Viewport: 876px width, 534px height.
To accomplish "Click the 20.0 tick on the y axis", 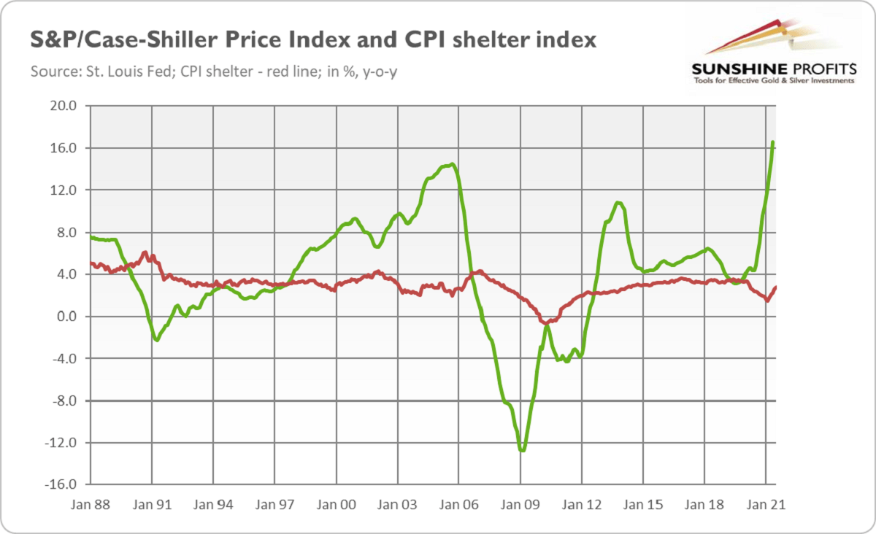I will pos(63,106).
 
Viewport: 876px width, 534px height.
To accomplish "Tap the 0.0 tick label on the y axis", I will pos(66,317).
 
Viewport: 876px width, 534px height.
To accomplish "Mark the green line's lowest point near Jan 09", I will pos(522,450).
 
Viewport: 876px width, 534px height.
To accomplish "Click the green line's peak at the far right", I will pos(773,142).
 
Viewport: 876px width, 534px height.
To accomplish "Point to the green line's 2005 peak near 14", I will pos(453,164).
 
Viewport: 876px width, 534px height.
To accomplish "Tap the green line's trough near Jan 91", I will pos(157,340).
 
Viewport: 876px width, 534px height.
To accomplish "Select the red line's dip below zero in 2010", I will pos(546,322).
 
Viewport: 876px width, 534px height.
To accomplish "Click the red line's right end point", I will pos(775,287).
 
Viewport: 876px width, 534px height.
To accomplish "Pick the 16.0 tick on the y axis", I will pos(63,148).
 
